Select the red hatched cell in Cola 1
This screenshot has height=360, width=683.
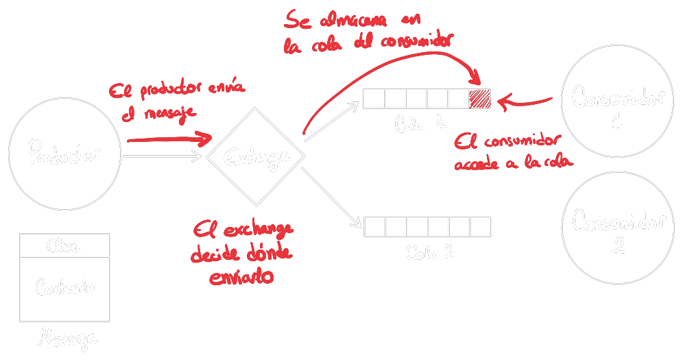click(x=479, y=99)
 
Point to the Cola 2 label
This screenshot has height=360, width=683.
click(x=429, y=252)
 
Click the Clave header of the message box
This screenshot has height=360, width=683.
click(x=64, y=245)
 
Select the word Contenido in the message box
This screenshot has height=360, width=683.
click(x=64, y=287)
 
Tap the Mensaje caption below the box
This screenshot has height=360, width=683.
click(x=67, y=337)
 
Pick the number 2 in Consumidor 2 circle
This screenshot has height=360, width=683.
click(x=617, y=245)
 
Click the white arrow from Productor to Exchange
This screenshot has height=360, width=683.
click(x=162, y=156)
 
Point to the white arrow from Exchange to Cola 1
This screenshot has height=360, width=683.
click(x=332, y=122)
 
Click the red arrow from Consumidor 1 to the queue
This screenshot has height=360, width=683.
click(x=525, y=103)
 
